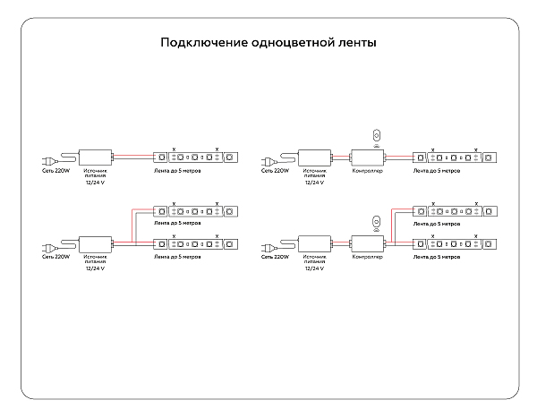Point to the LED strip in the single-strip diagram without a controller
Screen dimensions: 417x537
(196, 157)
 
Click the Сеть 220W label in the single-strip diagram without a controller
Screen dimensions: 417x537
(55, 169)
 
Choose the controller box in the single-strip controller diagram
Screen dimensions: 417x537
(368, 157)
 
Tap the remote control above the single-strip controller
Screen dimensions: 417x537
(376, 135)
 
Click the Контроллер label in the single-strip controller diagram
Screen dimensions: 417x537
(368, 169)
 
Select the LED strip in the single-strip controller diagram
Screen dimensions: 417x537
(456, 157)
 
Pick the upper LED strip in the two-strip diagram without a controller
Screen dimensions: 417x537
(196, 212)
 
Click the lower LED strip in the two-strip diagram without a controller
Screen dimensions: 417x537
(196, 243)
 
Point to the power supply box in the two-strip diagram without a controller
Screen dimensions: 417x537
(95, 243)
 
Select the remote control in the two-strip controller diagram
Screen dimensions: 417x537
(376, 221)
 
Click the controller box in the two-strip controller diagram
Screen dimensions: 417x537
(368, 243)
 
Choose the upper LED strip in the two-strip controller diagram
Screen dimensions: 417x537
(456, 212)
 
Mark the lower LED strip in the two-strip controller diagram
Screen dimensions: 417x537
(456, 243)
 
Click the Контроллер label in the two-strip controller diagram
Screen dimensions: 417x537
(368, 256)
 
